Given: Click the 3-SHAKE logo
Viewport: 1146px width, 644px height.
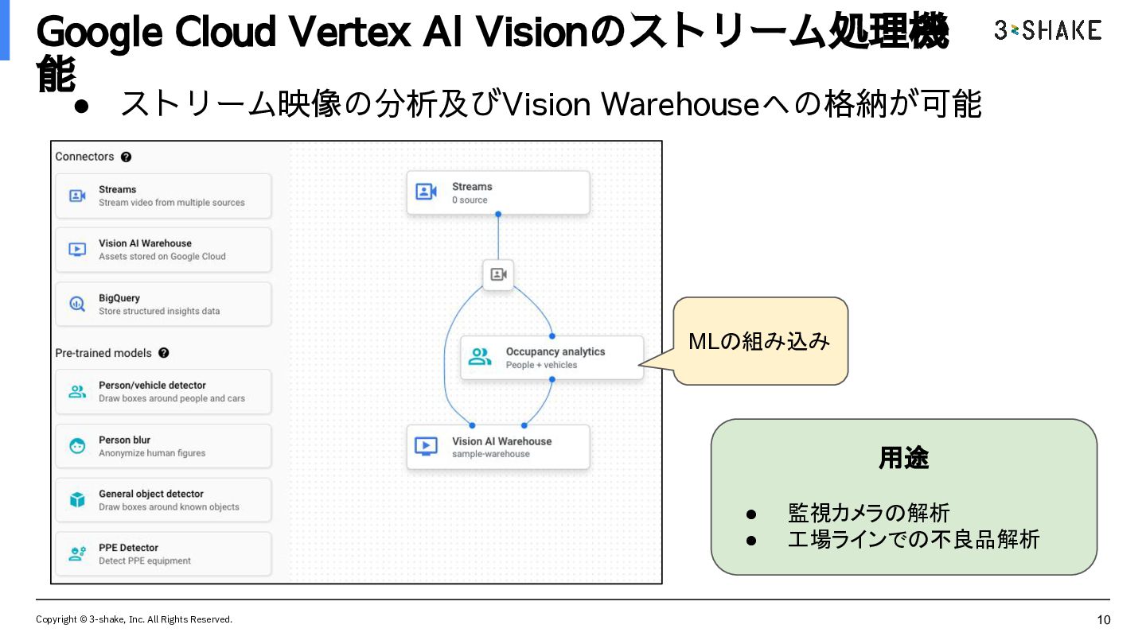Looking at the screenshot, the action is (1048, 30).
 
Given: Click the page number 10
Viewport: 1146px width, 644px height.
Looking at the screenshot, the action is (1104, 620).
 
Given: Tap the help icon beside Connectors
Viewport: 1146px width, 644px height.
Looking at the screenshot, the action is (126, 157).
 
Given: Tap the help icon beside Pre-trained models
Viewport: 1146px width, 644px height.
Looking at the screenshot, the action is (164, 353).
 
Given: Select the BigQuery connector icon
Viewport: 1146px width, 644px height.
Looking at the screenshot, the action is (77, 304).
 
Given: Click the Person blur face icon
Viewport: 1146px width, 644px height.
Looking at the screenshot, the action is (77, 446).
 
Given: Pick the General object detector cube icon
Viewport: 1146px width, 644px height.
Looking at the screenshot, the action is (77, 500).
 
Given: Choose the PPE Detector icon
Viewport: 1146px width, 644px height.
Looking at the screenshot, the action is (77, 553).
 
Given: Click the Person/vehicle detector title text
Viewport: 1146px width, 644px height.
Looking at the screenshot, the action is (152, 386).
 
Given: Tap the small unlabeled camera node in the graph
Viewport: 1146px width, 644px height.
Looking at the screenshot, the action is (498, 274).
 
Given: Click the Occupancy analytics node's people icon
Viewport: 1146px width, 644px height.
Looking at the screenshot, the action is (480, 357).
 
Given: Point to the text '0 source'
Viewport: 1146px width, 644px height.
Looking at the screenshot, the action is (470, 200).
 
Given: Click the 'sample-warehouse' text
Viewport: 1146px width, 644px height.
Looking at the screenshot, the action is (490, 454).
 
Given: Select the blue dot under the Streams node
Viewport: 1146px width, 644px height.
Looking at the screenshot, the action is (498, 214).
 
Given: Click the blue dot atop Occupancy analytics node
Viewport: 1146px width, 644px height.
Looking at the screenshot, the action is (552, 336).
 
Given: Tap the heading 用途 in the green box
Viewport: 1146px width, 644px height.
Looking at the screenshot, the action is (903, 457).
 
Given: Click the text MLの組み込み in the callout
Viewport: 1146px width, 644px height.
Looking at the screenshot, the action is (758, 341).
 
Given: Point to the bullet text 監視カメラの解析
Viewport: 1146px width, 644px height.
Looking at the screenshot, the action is (868, 513).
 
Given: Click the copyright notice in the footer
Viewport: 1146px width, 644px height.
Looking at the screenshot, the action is (134, 619).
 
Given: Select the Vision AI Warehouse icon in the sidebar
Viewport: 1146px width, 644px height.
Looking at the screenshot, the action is (77, 250).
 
